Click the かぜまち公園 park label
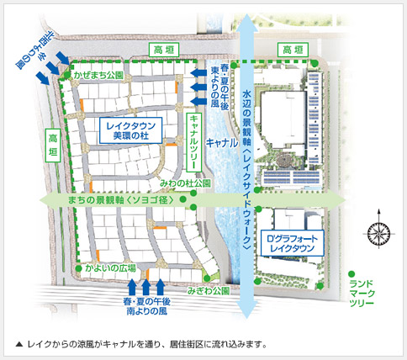coord(99,75)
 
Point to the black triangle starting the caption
coord(19,345)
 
